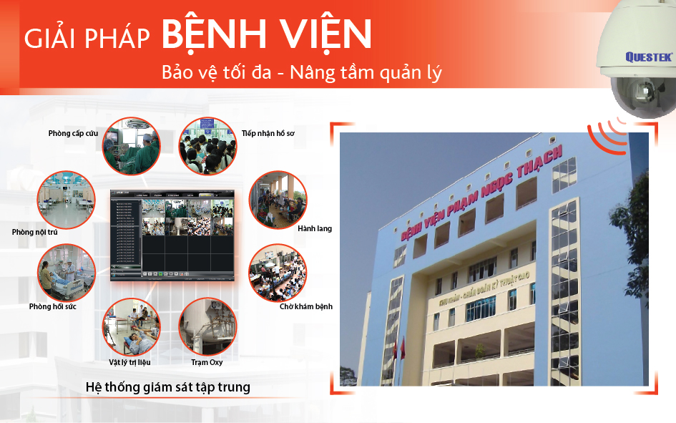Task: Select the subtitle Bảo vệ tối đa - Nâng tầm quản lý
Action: tap(302, 73)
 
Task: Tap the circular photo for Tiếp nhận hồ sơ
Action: tap(207, 147)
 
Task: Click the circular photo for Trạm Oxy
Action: tap(207, 326)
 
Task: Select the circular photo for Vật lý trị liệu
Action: tap(131, 326)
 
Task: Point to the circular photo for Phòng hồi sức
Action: tap(66, 272)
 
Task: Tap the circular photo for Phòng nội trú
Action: tap(66, 200)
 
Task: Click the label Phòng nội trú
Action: tap(34, 232)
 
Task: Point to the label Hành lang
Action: tap(314, 229)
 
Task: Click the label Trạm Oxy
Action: tap(207, 363)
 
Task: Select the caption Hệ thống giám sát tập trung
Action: tap(167, 387)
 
